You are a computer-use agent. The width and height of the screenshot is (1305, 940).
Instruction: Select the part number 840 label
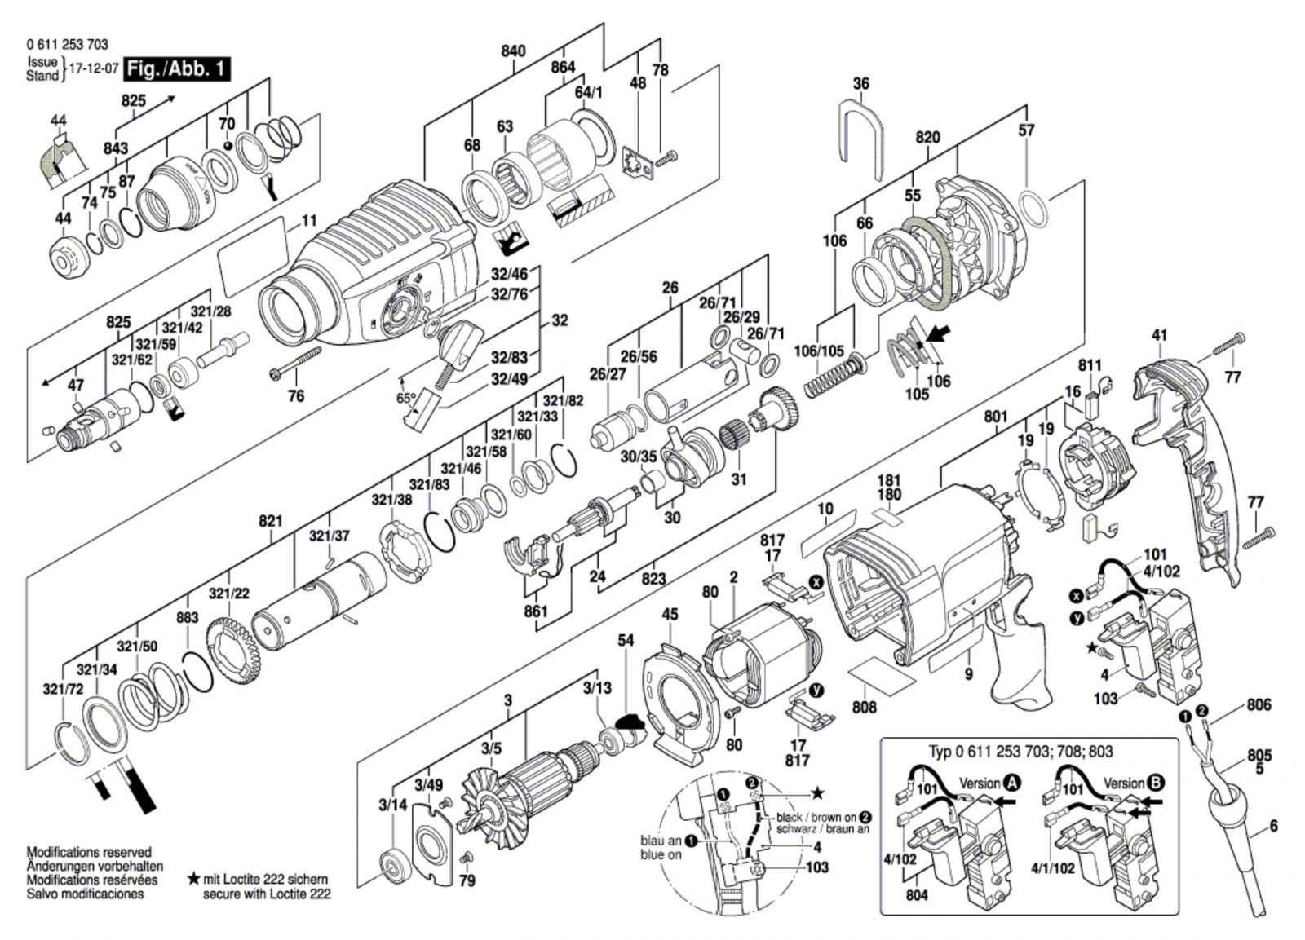(x=513, y=51)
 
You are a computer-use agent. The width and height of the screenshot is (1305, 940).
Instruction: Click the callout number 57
(x=1026, y=130)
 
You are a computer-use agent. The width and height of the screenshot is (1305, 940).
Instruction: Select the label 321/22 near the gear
(x=229, y=594)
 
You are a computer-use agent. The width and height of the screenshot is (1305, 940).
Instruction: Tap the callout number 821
(x=270, y=521)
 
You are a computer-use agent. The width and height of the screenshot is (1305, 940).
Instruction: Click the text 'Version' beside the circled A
(x=980, y=783)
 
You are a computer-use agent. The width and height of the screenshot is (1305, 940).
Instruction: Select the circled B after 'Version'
(x=1157, y=783)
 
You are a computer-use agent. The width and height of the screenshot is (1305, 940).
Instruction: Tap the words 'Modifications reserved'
(x=89, y=853)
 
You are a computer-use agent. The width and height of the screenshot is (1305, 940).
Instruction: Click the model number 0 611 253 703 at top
(x=67, y=44)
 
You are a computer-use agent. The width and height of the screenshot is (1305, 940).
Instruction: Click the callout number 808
(x=864, y=707)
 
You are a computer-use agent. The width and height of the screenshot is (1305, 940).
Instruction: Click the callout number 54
(x=625, y=640)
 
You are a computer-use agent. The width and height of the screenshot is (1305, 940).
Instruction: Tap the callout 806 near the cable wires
(x=1259, y=704)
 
